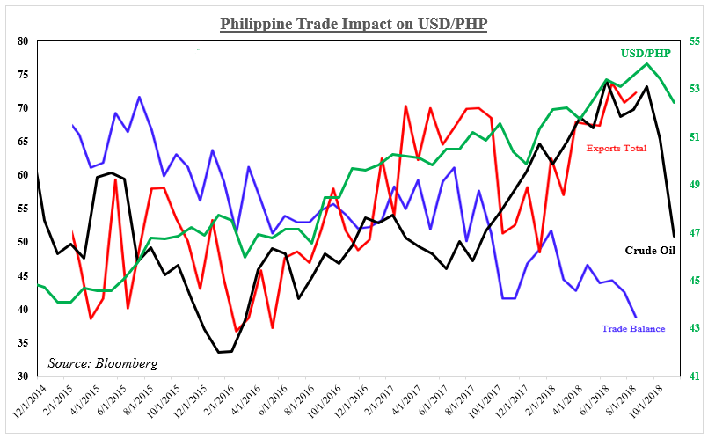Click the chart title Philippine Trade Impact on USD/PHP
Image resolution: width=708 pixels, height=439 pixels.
[354, 23]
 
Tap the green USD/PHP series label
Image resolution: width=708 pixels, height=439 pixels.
[646, 54]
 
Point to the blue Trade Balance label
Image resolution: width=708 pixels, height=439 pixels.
[633, 328]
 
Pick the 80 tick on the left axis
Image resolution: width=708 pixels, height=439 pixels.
[22, 41]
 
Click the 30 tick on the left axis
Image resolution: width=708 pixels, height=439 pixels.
[22, 376]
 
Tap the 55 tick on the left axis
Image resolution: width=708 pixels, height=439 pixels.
[22, 209]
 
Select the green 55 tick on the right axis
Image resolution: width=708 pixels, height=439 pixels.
[693, 41]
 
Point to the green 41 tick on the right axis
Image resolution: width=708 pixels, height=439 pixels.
[693, 376]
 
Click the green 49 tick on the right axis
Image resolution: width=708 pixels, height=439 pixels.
[693, 185]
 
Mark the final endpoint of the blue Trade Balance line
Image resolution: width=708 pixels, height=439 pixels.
[636, 317]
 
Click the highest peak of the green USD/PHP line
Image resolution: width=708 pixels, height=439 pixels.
[647, 63]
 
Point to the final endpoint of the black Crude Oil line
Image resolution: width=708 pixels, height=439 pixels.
[674, 236]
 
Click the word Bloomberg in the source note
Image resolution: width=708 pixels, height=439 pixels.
[131, 362]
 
